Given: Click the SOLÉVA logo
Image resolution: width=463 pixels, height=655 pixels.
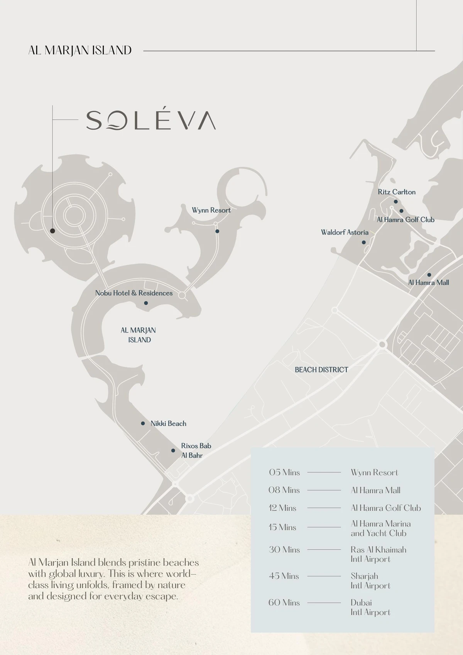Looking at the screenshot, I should (150, 120).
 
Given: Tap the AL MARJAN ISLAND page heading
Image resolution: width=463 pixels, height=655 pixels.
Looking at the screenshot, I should (80, 50).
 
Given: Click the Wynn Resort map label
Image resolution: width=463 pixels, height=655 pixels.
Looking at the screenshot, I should (211, 210).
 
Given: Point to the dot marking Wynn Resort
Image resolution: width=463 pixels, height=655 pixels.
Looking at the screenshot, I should (217, 231).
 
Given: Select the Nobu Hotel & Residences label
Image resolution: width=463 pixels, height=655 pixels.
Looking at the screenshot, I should (134, 293).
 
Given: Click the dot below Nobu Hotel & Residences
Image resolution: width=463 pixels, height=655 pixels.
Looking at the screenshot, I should (146, 303).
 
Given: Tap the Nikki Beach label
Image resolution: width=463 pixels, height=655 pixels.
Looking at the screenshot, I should (168, 424).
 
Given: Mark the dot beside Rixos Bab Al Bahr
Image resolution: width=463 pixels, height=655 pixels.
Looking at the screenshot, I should (173, 451).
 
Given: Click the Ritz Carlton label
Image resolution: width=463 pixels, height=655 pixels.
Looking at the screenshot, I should (397, 192).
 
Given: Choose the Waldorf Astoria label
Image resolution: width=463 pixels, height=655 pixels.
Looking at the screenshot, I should (345, 232).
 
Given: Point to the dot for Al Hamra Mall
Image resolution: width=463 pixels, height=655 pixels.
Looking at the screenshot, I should (429, 275).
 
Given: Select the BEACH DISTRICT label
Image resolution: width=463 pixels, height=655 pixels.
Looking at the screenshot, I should (321, 370).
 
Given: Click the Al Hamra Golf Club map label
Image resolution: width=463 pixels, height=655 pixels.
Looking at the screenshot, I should (406, 220).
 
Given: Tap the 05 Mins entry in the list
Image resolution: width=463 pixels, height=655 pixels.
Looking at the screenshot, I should (284, 472).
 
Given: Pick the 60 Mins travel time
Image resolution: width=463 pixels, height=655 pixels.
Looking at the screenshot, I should (284, 602).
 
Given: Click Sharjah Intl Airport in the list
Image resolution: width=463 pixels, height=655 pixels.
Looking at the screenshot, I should (370, 581).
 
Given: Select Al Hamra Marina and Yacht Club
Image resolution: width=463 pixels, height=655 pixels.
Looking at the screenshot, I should (380, 528).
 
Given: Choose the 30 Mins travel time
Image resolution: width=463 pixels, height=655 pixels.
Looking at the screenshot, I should (284, 550).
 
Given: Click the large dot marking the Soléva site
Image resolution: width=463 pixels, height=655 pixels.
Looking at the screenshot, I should (52, 231).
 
